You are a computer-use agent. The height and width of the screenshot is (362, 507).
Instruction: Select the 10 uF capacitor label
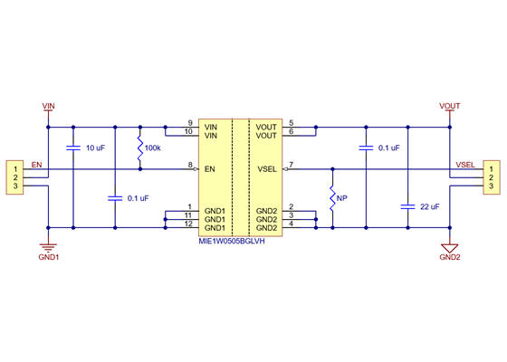(x=95, y=148)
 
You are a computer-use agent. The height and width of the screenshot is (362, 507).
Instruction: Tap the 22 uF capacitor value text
(x=429, y=207)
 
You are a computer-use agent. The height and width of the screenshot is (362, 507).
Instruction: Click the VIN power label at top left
(x=49, y=107)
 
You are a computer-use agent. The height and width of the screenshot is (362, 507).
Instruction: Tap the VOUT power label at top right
(x=450, y=107)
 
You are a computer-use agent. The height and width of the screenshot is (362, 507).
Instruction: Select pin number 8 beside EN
(x=190, y=165)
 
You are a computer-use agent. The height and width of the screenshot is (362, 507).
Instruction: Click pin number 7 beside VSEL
(x=291, y=165)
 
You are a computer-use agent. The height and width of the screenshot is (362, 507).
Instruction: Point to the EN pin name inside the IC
(x=210, y=168)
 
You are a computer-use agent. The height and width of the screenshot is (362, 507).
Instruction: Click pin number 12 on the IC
(x=188, y=224)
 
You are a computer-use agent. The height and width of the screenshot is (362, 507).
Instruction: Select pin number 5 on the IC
(x=291, y=123)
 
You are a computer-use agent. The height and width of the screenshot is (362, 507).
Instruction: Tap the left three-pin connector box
(x=15, y=177)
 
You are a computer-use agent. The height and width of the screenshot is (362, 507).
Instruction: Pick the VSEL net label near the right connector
(x=465, y=165)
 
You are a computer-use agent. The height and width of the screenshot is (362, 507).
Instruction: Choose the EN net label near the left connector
(x=36, y=165)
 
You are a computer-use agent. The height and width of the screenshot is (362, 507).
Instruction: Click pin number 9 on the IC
(x=190, y=123)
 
